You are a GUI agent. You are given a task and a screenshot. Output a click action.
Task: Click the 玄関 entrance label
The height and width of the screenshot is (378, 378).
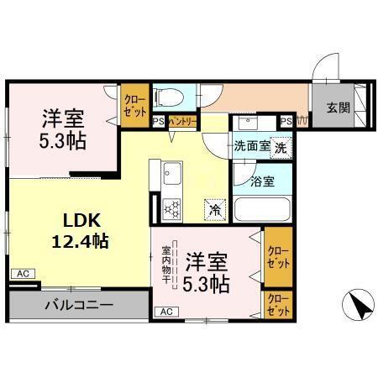point(338,107)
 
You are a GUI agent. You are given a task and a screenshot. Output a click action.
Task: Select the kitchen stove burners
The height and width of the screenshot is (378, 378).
point(172,207)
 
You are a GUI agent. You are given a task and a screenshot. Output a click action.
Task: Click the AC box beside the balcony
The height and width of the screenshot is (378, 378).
point(22,274)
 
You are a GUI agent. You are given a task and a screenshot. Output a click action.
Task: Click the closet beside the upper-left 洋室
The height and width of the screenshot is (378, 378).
point(134,105)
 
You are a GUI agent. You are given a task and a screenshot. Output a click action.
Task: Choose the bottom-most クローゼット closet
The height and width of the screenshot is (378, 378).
point(276,303)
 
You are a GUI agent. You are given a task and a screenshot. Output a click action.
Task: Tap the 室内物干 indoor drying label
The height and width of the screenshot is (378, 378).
point(166,264)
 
